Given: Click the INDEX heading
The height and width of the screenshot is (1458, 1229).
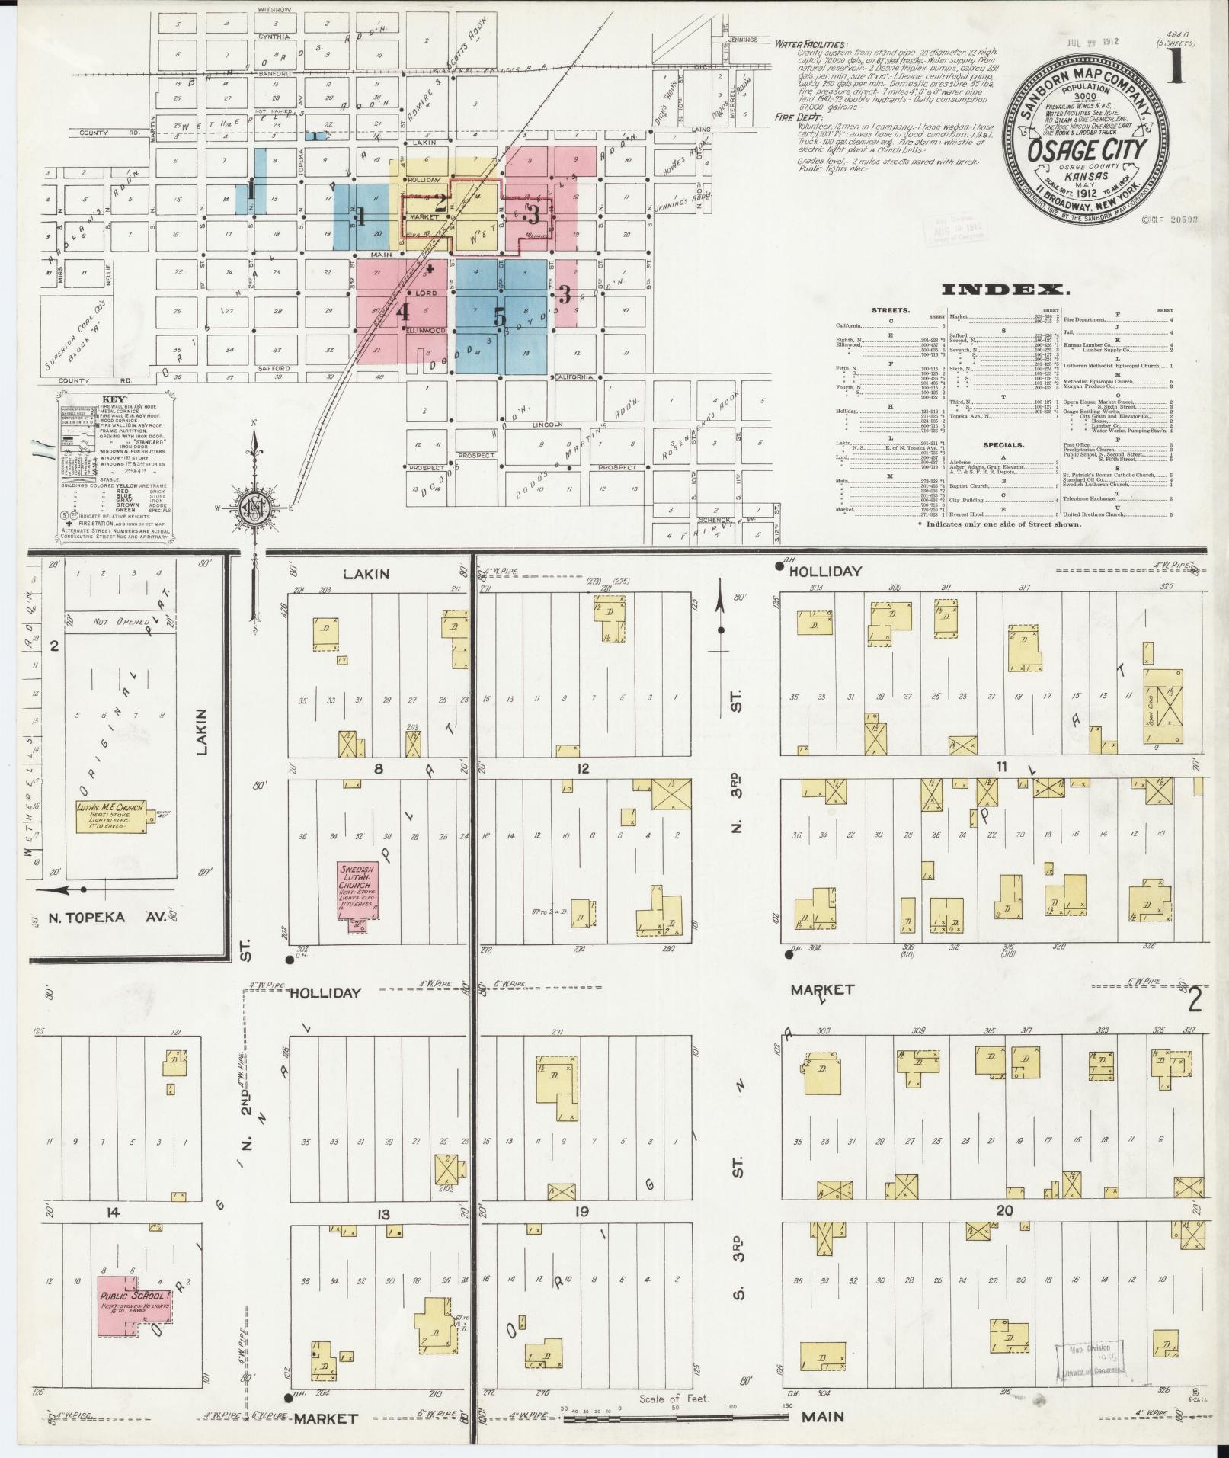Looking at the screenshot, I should pyautogui.click(x=1006, y=289).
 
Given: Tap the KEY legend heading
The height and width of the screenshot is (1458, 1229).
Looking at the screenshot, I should pyautogui.click(x=113, y=399).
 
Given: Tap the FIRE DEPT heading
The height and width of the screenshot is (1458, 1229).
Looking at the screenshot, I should pyautogui.click(x=799, y=118).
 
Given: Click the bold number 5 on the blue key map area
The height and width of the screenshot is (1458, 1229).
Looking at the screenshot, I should pyautogui.click(x=499, y=316).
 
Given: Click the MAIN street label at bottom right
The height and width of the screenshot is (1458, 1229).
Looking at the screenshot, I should pyautogui.click(x=823, y=1416).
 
